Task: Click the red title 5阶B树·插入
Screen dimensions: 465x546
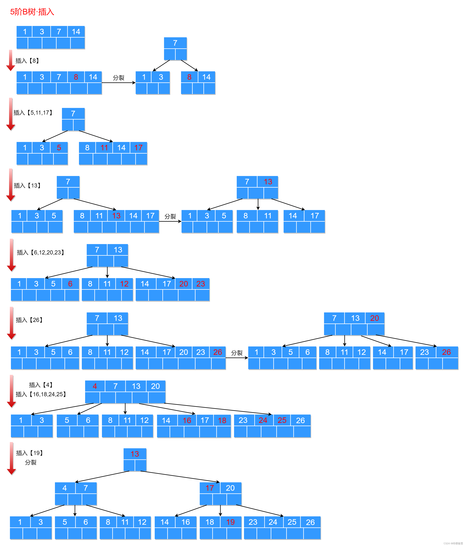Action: [x=32, y=12]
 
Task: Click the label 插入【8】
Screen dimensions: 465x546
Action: [x=27, y=61]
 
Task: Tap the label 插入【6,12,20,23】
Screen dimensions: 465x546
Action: [x=41, y=252]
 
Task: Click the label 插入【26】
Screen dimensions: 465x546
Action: [x=29, y=320]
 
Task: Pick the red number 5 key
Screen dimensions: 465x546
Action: [x=59, y=148]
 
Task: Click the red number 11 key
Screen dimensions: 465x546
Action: [x=104, y=148]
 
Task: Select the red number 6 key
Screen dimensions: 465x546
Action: [x=70, y=284]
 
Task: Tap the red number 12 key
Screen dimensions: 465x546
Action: [x=124, y=284]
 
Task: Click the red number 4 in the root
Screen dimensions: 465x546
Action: [x=95, y=386]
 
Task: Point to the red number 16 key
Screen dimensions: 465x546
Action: [x=187, y=421]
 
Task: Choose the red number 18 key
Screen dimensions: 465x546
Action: [x=222, y=421]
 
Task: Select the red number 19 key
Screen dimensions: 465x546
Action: [x=231, y=522]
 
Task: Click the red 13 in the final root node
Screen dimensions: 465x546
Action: [x=135, y=454]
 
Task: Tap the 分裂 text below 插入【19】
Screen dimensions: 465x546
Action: [x=31, y=462]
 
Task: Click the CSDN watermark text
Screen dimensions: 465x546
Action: [x=453, y=543]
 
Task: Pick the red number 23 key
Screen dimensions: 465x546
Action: [x=200, y=284]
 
